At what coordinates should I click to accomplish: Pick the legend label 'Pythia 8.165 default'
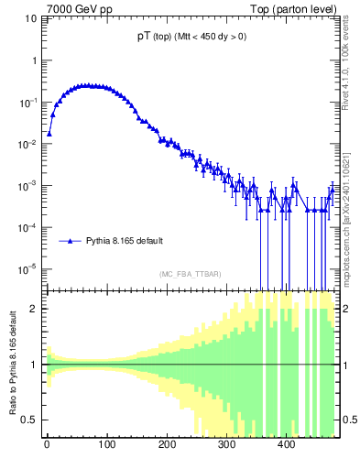125,241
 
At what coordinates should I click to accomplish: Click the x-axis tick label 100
106,444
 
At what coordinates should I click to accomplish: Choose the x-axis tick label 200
167,444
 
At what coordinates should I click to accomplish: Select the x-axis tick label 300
226,444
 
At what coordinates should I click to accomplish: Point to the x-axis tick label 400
286,444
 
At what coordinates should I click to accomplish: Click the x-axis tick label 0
47,444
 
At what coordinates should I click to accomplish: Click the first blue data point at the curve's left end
49,133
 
